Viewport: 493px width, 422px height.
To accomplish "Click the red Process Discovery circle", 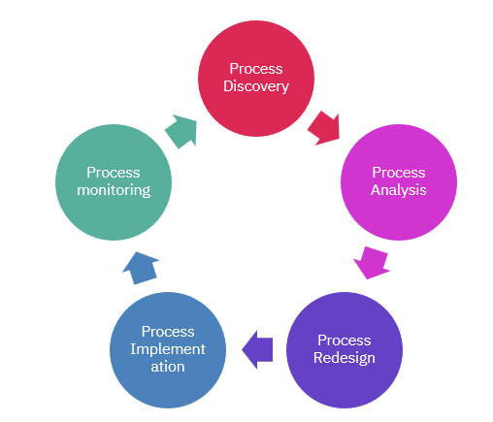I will pos(256,77).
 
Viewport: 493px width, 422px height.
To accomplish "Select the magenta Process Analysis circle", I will pos(398,180).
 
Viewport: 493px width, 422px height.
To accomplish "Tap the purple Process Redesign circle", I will pos(345,348).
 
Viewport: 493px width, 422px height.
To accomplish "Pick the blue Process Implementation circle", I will pos(168,349).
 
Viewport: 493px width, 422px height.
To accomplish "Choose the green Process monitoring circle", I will pos(114,180).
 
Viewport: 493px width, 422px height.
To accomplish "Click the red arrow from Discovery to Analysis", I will pos(325,127).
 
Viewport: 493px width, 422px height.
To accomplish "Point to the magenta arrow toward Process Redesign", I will pos(372,261).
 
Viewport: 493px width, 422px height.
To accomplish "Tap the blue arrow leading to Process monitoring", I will pos(141,266).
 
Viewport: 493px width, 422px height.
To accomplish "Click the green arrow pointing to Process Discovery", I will pos(181,130).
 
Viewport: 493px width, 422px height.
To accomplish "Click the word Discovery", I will pos(256,86).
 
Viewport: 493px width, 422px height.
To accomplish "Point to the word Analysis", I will pos(398,190).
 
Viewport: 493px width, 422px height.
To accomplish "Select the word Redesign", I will pos(345,358).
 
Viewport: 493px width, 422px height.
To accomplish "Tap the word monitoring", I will pos(114,190).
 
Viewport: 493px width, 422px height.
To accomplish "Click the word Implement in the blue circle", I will pos(168,349).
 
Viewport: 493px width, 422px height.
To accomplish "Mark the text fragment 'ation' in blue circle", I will pos(168,367).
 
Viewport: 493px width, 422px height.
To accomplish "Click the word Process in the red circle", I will pos(256,68).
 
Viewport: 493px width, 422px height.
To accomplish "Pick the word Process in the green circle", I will pos(114,172).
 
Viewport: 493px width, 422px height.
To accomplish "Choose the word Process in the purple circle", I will pos(345,340).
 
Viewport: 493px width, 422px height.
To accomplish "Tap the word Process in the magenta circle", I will pos(398,172).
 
